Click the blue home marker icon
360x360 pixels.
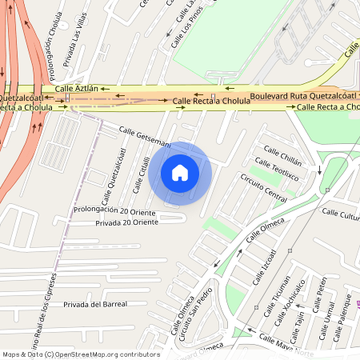coord(180,173)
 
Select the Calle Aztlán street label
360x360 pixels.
coord(76,88)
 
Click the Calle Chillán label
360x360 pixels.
coord(283,151)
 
